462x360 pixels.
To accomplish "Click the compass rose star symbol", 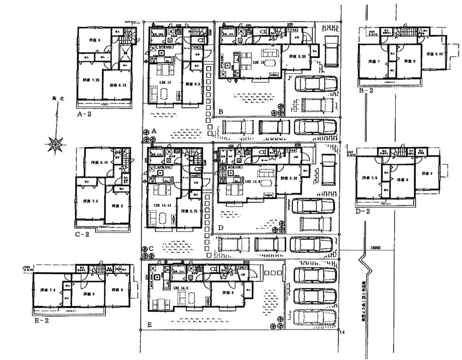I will pyautogui.click(x=55, y=144).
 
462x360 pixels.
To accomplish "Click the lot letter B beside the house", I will pyautogui.click(x=221, y=111).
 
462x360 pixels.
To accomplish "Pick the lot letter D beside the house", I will pyautogui.click(x=220, y=228).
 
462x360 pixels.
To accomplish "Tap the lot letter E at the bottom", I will pyautogui.click(x=149, y=325).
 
